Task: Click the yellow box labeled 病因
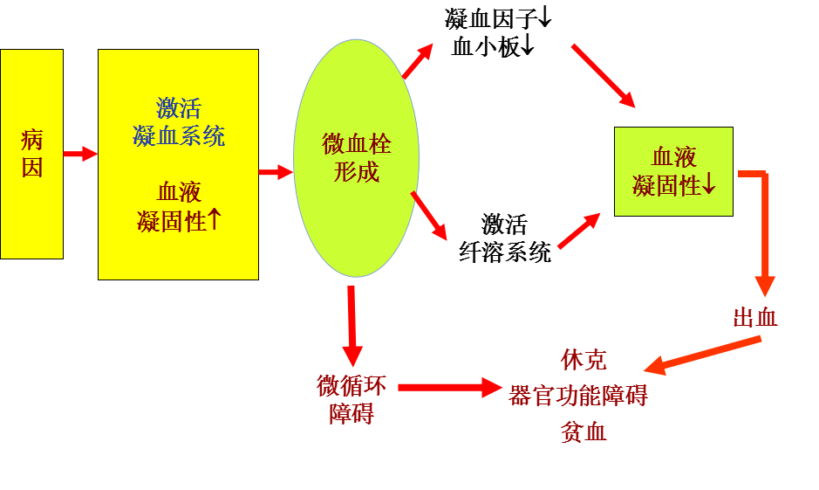31,154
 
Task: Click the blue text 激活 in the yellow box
179,108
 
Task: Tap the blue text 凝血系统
179,135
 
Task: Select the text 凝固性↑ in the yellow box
179,220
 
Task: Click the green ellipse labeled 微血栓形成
356,157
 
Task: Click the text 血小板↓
492,46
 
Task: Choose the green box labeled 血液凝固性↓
673,171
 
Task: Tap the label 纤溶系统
505,253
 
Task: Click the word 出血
755,318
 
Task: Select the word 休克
584,359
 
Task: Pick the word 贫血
584,431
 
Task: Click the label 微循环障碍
351,397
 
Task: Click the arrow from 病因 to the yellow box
80,154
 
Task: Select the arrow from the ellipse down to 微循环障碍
351,325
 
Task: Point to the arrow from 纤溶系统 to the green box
579,231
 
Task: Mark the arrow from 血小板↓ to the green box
603,76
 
